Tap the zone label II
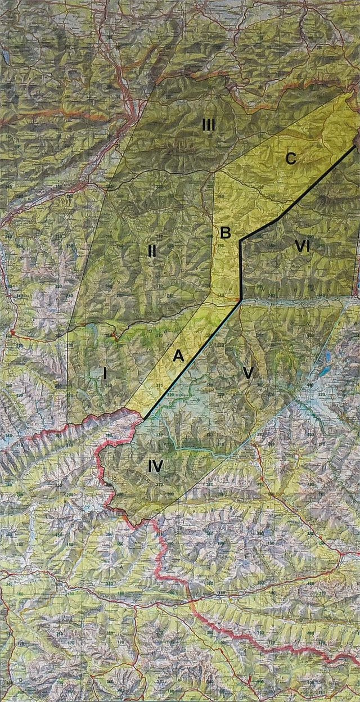pyautogui.click(x=152, y=251)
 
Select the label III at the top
pyautogui.click(x=209, y=125)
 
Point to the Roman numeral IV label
pyautogui.click(x=155, y=466)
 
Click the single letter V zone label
pyautogui.click(x=245, y=373)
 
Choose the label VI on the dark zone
pyautogui.click(x=301, y=246)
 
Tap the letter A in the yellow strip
pyautogui.click(x=178, y=355)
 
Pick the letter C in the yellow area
pyautogui.click(x=290, y=159)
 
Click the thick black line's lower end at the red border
pyautogui.click(x=144, y=419)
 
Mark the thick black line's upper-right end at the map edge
pyautogui.click(x=356, y=145)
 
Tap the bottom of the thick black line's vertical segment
pyautogui.click(x=241, y=300)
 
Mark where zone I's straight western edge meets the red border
pyautogui.click(x=67, y=422)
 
